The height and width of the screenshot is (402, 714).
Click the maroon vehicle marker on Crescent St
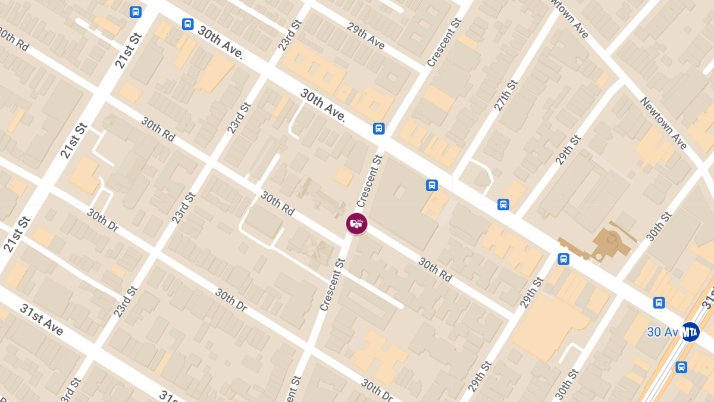point(356,224)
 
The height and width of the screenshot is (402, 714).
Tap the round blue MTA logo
point(690,332)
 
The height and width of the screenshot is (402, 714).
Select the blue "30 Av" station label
point(662,332)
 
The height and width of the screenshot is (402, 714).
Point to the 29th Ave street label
point(366,36)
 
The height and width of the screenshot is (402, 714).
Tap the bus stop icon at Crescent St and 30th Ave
point(378,129)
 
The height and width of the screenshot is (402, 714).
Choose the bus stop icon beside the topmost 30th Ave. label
point(187,24)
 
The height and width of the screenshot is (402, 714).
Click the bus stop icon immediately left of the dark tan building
point(563,259)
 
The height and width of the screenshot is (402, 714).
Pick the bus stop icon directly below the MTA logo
point(681,367)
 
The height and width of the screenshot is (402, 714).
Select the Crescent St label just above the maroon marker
point(369,180)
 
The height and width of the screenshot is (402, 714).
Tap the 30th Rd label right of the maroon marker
point(435,269)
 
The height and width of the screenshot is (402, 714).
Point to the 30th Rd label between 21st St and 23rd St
point(158,129)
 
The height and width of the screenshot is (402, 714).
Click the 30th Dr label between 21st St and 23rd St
point(104,222)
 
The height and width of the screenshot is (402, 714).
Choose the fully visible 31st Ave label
point(42,319)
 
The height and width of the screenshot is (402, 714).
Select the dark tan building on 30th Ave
point(605,242)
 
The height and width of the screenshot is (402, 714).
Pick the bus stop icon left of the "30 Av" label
point(659,303)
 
